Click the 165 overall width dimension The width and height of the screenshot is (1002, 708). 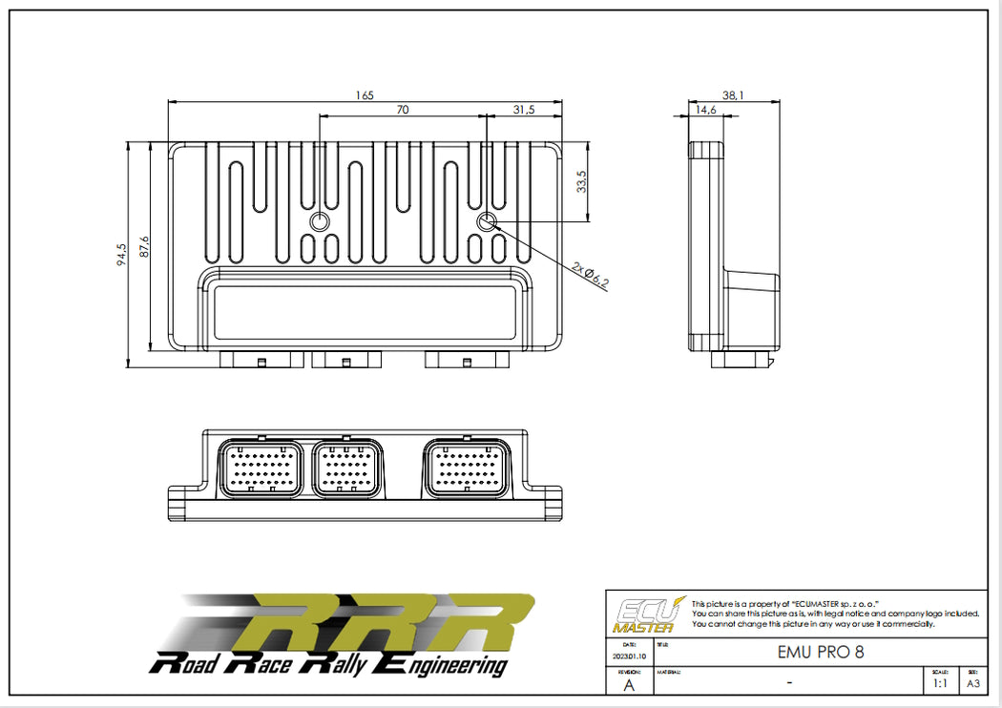click(x=365, y=94)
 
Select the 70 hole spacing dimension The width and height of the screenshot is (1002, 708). click(x=403, y=110)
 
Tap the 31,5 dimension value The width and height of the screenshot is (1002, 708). click(x=524, y=110)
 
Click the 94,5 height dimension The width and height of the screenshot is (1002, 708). click(x=121, y=255)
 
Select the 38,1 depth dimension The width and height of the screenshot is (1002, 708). click(x=733, y=94)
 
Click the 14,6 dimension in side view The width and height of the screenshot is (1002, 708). click(x=706, y=110)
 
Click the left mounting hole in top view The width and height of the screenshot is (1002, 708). click(x=321, y=222)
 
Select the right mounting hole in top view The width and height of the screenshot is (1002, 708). click(x=487, y=222)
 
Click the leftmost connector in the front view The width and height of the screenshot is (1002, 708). click(x=261, y=468)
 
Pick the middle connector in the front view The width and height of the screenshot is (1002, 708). click(x=347, y=468)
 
